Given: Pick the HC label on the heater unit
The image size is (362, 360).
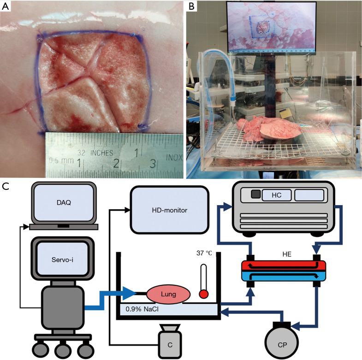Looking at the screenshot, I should pyautogui.click(x=277, y=195).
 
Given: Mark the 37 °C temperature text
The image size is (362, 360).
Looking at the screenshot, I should pyautogui.click(x=202, y=253).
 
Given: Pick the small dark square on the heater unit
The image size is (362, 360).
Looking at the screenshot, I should pyautogui.click(x=255, y=195).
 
